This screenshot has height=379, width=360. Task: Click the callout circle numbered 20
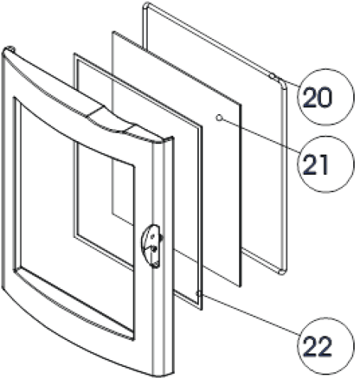(325, 97)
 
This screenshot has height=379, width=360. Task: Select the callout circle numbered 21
(325, 164)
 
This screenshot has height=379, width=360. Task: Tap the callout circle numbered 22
(325, 346)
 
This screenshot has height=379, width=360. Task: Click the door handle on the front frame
(151, 246)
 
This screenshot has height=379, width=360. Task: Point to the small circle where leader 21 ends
(219, 118)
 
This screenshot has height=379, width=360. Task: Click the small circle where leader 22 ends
(199, 293)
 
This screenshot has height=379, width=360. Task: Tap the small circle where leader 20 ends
(272, 76)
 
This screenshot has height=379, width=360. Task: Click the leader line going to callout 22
(250, 314)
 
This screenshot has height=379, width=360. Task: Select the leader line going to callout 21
(260, 135)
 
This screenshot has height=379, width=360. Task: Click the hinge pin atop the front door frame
(10, 48)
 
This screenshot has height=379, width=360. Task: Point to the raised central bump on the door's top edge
(111, 119)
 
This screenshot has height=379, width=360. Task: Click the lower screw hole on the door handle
(154, 248)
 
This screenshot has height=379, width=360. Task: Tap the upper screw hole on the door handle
(152, 236)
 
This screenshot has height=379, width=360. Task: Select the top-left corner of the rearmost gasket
(145, 5)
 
